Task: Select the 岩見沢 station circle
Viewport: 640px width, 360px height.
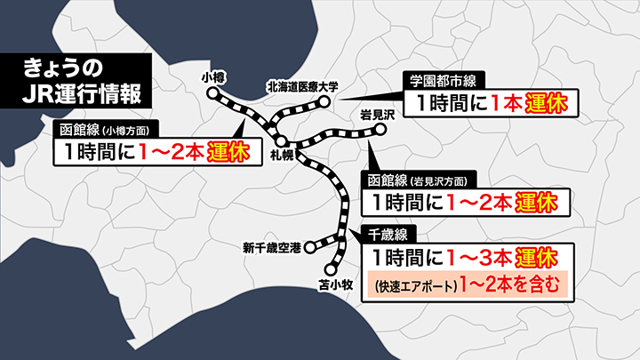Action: click(380, 130)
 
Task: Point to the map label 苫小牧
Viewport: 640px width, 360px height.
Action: click(331, 286)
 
